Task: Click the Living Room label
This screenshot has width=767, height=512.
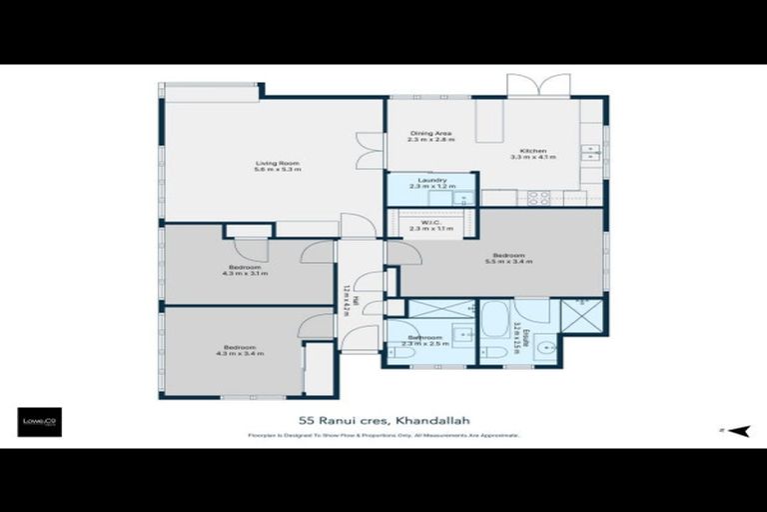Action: coord(277,163)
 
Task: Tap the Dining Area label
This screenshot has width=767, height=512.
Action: coord(430,133)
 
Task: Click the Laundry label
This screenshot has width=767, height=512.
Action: coord(431,180)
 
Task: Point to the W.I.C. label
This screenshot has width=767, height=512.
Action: coord(430,222)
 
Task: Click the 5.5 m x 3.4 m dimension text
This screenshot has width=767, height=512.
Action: coord(508,262)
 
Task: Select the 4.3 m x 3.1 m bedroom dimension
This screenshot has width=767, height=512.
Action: coord(245,273)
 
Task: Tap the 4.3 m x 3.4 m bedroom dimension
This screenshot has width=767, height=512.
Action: coord(245,353)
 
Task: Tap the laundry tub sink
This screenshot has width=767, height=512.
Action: coord(461,197)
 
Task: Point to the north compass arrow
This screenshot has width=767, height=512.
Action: coord(736,431)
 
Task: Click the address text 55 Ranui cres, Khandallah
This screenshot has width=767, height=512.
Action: coord(383,421)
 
